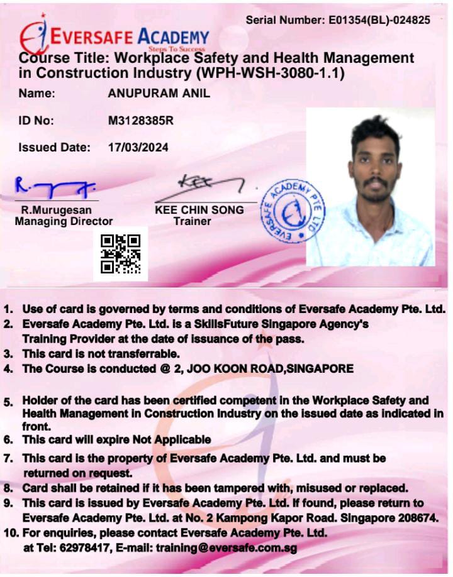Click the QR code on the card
pos(121,253)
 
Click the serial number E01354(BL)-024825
pos(379,20)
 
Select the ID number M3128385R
pos(141,121)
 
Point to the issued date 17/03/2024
pos(138,148)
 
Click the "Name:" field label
pos(37,94)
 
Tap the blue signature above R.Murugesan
pos(55,186)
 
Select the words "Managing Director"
pos(64,221)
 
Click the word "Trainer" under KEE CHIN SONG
pos(193,221)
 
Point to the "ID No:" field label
pos(36,121)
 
